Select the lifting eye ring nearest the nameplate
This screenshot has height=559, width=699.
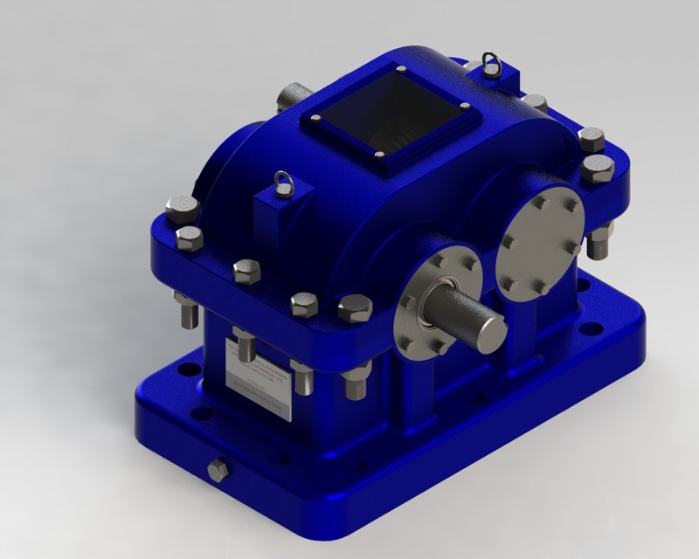[x=281, y=181]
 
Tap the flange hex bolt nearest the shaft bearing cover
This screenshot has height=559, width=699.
[x=354, y=305]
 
